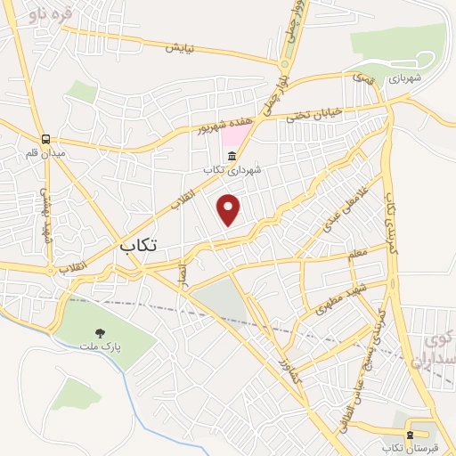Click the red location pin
tap(230, 209)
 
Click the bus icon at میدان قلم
tap(45, 139)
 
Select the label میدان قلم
tap(45, 152)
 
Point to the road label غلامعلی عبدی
tap(332, 207)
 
